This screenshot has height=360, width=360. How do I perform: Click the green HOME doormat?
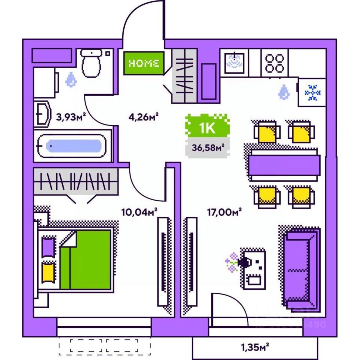144,63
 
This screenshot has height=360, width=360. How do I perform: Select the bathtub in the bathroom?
73,145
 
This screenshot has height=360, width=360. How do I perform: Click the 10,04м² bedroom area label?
139,212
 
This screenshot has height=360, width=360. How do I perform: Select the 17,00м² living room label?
224,212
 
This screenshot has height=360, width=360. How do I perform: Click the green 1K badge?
207,127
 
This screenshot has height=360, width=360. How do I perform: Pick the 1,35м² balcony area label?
255,347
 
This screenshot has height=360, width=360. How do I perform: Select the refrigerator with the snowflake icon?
312,92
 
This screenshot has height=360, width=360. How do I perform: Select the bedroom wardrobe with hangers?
75,181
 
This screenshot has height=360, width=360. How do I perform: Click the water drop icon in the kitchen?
285,91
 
